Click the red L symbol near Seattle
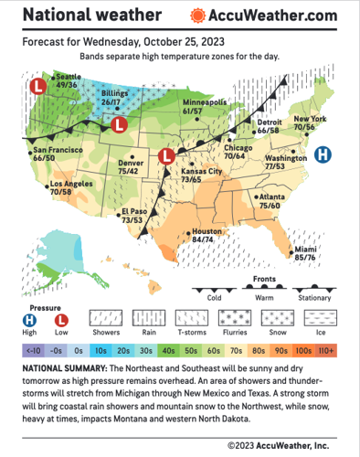pyautogui.click(x=37, y=87)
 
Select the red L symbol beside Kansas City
pyautogui.click(x=166, y=156)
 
